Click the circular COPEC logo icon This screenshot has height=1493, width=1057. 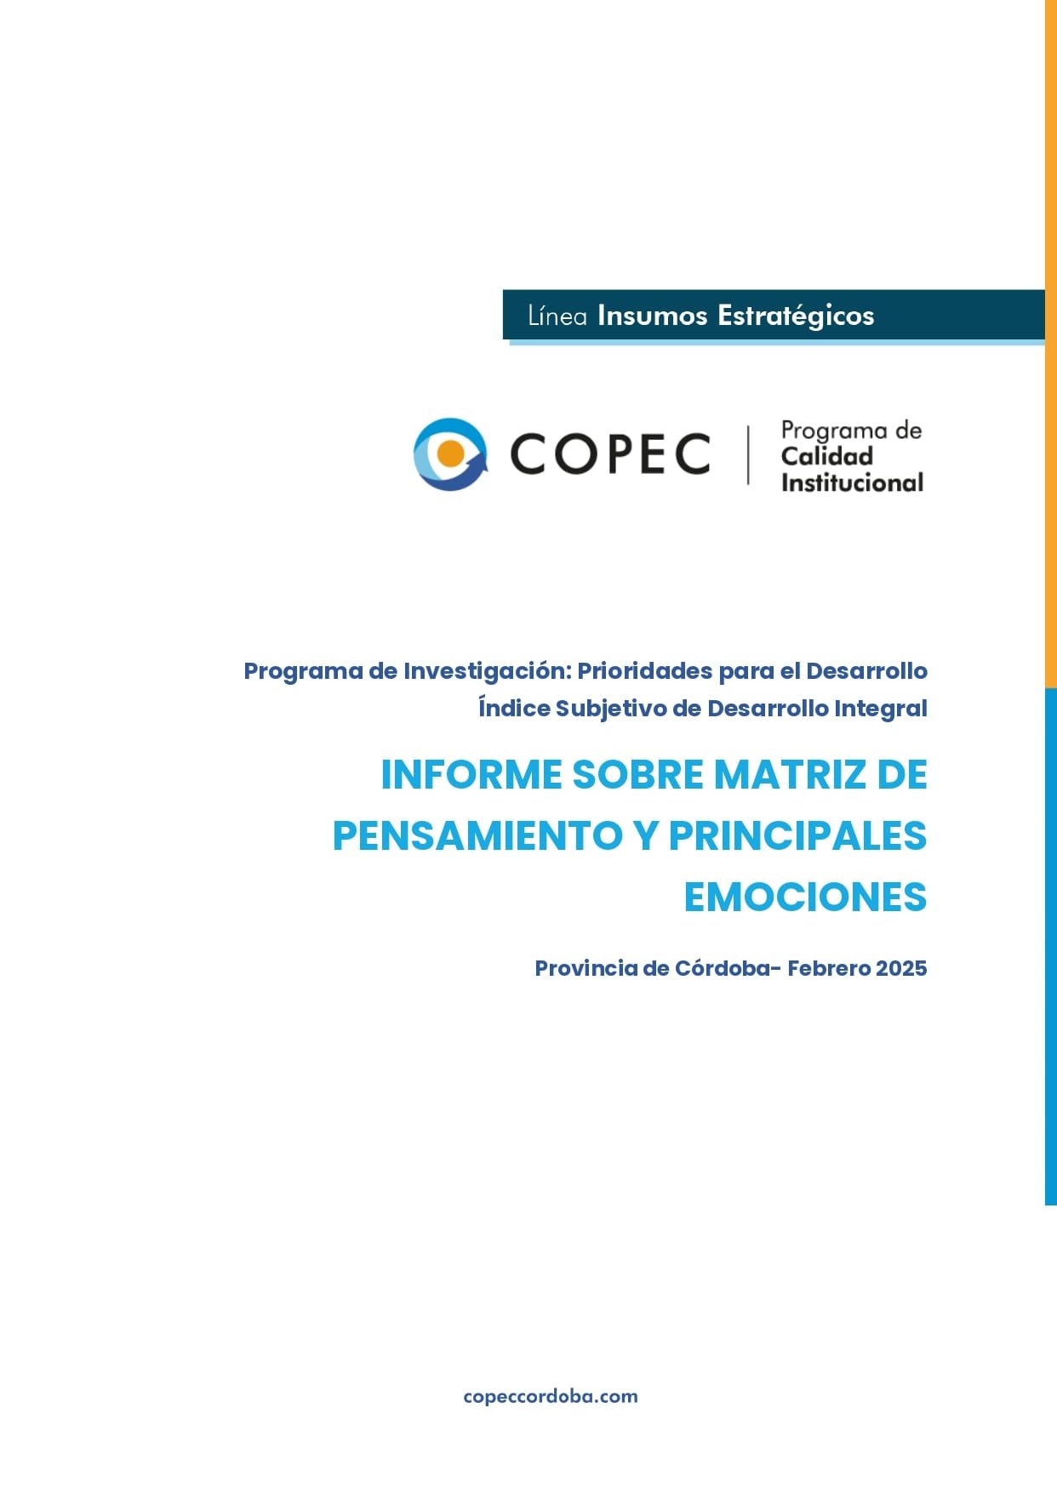tap(450, 454)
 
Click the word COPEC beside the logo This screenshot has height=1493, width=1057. tap(609, 453)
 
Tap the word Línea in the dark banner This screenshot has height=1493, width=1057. tap(557, 316)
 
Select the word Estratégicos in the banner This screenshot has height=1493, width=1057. tap(796, 316)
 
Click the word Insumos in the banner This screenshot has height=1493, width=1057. tap(652, 316)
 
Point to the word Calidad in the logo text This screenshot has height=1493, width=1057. tap(826, 457)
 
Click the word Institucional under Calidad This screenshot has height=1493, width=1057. tap(852, 483)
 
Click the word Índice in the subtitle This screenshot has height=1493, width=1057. tap(514, 708)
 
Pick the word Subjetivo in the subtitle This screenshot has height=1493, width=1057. tap(610, 709)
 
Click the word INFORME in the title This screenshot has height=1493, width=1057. tap(471, 775)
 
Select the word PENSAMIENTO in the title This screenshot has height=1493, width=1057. tap(477, 835)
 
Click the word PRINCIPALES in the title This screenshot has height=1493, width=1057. tap(797, 835)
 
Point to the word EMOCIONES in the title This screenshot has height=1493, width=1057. tap(805, 897)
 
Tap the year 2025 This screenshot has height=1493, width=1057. tap(901, 968)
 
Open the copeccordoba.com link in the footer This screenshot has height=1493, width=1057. tap(551, 1396)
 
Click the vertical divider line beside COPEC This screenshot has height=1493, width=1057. tap(748, 455)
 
